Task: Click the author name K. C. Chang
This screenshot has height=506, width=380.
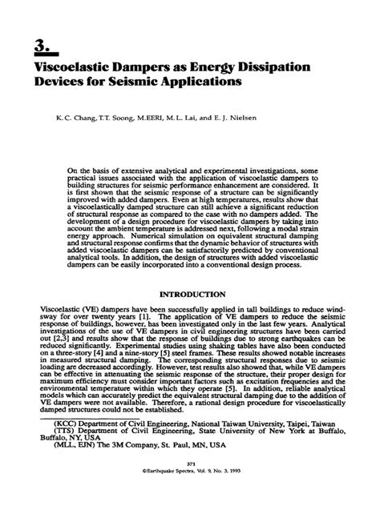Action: (x=73, y=116)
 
